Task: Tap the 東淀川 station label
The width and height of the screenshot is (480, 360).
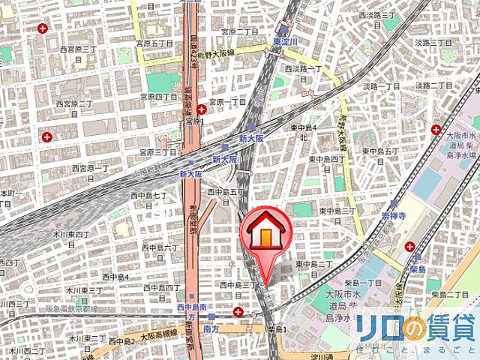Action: pyautogui.click(x=286, y=42)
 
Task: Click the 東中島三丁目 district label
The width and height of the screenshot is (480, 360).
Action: pyautogui.click(x=337, y=211)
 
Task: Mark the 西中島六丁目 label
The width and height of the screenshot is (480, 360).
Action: pyautogui.click(x=160, y=248)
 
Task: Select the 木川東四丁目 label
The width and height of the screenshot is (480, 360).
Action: pyautogui.click(x=73, y=234)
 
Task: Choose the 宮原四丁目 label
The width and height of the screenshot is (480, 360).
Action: pyautogui.click(x=159, y=97)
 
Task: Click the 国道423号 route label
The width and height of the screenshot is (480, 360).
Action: pyautogui.click(x=193, y=52)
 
